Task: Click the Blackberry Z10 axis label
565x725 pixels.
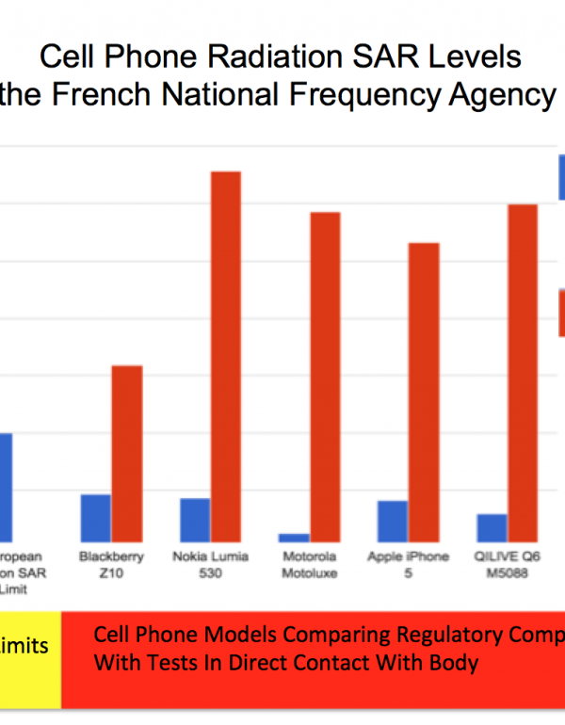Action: point(112,565)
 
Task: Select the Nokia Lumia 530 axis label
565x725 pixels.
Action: point(211,565)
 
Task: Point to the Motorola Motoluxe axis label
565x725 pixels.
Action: point(310,565)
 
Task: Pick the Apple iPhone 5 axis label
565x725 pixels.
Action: point(409,565)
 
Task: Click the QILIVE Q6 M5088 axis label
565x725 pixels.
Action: point(508,565)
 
